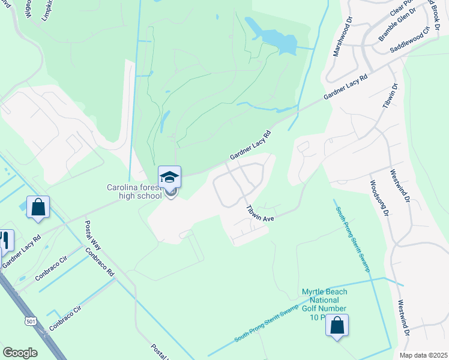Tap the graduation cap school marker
[x=169, y=178]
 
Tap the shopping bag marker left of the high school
[x=38, y=208]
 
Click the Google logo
[x=20, y=353]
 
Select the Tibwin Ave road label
[x=260, y=214]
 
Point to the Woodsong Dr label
[x=379, y=198]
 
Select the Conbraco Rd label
[x=100, y=262]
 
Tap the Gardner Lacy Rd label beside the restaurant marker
[x=22, y=251]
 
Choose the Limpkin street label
[x=49, y=11]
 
